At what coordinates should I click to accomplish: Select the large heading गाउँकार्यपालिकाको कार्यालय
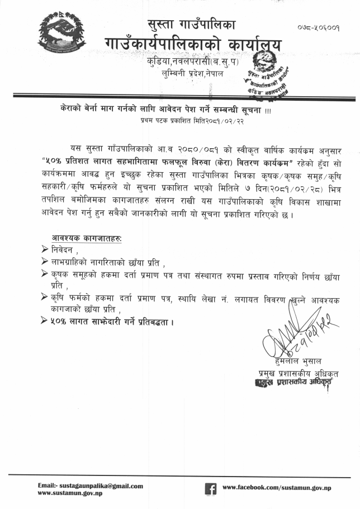(193, 45)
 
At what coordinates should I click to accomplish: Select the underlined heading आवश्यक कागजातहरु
(87, 238)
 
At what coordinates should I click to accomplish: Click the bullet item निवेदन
(65, 249)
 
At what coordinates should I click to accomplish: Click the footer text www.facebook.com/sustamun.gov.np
(277, 488)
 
